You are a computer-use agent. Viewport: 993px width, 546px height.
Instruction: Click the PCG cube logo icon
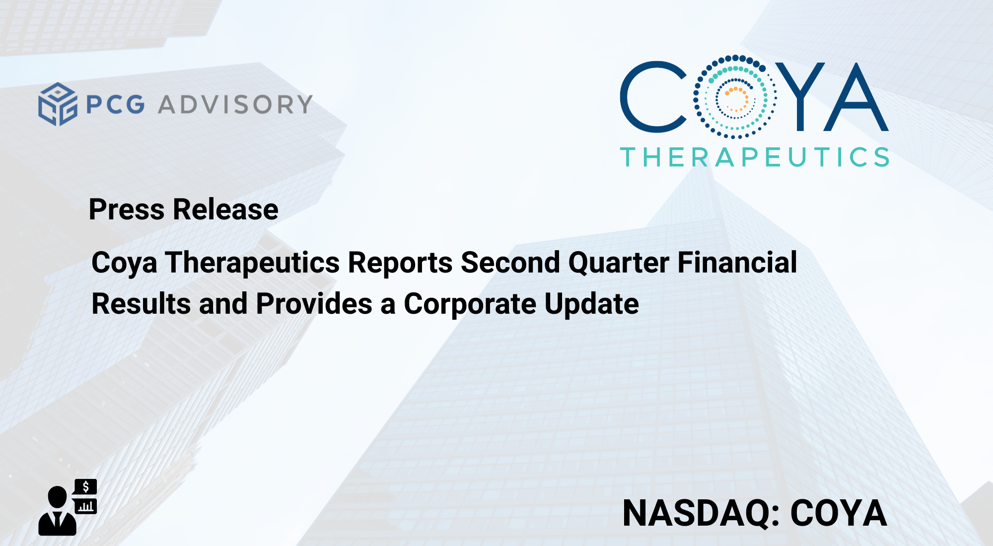[58, 104]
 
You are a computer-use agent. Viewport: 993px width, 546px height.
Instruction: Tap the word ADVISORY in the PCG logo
[235, 105]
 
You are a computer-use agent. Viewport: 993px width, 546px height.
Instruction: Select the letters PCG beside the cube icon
[116, 105]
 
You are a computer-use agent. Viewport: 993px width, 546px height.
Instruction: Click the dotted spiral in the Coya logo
[735, 97]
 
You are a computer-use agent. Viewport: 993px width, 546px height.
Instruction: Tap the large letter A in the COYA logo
[856, 97]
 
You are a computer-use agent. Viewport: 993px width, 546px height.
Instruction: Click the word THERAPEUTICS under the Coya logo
[755, 157]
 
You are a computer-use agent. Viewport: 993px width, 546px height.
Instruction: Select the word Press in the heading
[126, 210]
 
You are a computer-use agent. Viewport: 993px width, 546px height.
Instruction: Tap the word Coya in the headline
[124, 263]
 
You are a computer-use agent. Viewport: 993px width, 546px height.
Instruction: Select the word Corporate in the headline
[470, 304]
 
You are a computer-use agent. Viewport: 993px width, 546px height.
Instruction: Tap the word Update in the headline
[591, 304]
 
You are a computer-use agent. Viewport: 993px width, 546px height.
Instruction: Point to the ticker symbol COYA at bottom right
[839, 513]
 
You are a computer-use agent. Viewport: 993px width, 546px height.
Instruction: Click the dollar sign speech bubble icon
[85, 487]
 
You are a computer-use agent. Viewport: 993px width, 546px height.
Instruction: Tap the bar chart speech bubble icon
[85, 506]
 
